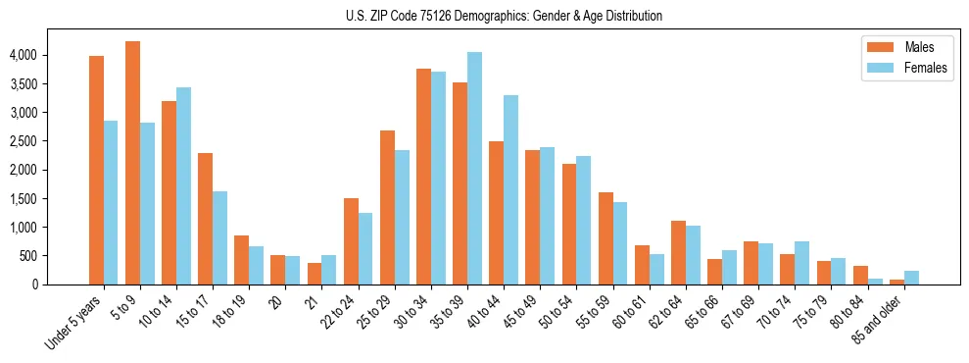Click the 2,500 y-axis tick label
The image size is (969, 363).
click(x=51, y=141)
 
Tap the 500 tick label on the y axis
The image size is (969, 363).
click(x=57, y=256)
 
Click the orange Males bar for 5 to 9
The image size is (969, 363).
click(x=132, y=163)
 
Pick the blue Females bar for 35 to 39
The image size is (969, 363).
click(x=474, y=168)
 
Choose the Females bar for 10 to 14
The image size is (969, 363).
click(x=183, y=185)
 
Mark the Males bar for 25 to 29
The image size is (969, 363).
click(x=387, y=207)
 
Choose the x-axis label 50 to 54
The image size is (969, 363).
click(x=562, y=312)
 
